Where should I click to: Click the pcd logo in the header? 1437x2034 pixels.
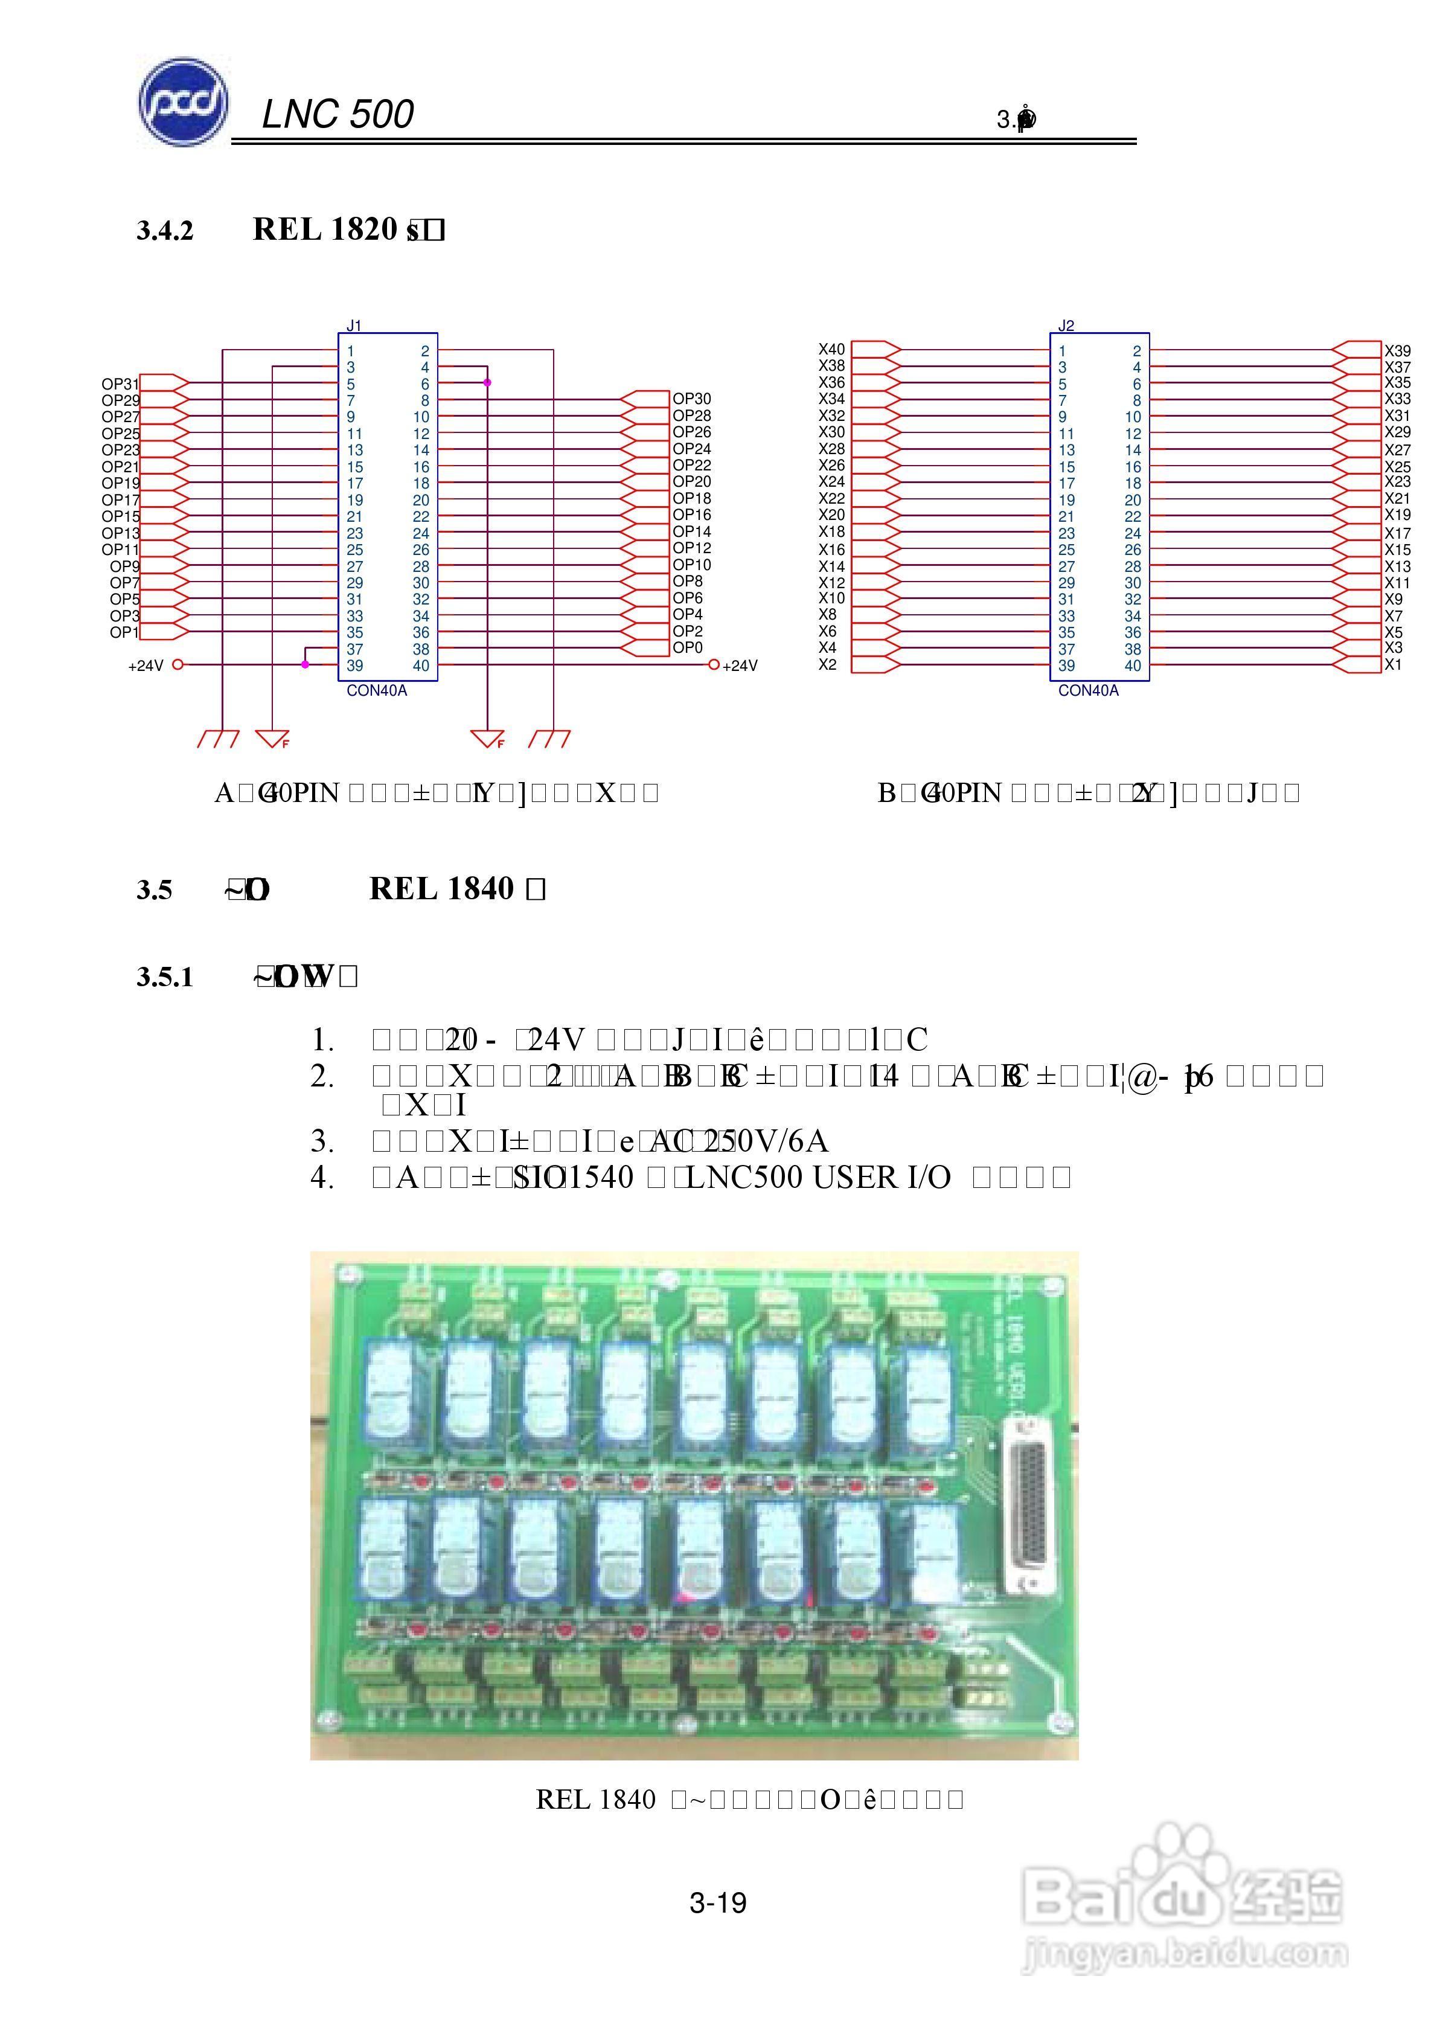click(182, 103)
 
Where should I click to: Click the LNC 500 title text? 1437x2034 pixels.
click(338, 114)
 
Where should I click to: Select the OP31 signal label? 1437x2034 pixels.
click(120, 383)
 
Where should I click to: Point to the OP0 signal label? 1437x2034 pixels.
click(688, 647)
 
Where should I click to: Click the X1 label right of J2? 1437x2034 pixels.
click(1393, 664)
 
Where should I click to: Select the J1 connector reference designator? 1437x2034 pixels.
click(353, 326)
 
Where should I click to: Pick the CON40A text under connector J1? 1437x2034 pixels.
click(377, 691)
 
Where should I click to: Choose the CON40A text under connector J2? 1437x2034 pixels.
click(1088, 691)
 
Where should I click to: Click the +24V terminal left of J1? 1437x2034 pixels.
click(177, 664)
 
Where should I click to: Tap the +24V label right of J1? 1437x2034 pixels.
click(740, 666)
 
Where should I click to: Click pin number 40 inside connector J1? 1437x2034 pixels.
click(421, 666)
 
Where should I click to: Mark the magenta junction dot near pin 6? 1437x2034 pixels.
click(487, 383)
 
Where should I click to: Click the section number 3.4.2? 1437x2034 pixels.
click(165, 231)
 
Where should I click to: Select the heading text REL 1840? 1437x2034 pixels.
click(441, 888)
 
